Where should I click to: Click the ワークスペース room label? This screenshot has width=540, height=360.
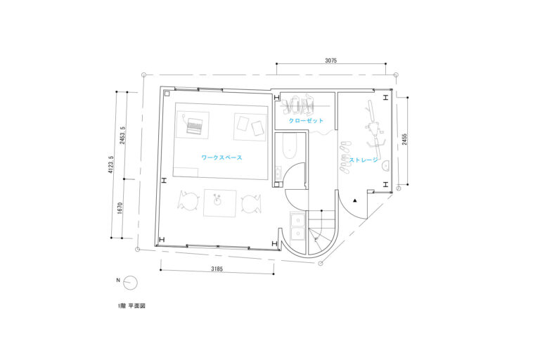[221, 157]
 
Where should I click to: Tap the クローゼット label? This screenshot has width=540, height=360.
[306, 120]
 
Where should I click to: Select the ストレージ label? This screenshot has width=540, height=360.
[364, 160]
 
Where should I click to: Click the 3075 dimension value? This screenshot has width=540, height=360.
[330, 60]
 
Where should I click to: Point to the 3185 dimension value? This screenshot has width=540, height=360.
[217, 269]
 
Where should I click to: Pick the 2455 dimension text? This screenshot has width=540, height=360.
[404, 139]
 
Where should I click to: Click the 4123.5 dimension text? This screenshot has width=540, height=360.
[111, 165]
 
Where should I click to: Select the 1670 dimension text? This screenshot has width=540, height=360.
[120, 208]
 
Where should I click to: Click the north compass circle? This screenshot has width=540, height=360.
[131, 283]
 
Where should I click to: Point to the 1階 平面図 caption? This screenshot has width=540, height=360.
[131, 306]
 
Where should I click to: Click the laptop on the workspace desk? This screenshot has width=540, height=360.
[194, 125]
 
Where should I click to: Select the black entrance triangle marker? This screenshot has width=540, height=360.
[355, 200]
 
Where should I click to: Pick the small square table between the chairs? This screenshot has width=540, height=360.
[219, 203]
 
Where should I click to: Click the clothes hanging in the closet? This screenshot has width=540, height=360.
[298, 105]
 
